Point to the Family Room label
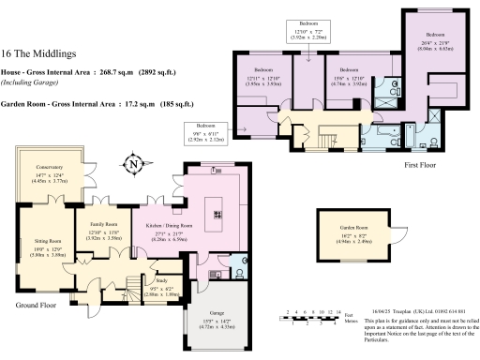tap(102, 225)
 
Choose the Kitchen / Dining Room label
tap(168, 226)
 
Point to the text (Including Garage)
tap(27, 82)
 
